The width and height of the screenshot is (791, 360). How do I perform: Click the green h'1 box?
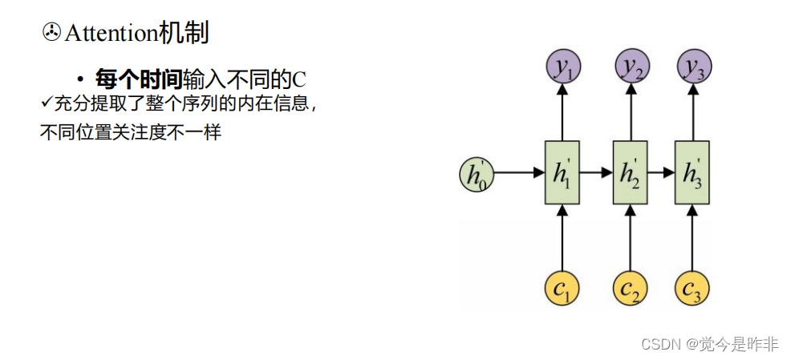coord(562,172)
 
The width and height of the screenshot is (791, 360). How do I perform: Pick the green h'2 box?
coord(630,172)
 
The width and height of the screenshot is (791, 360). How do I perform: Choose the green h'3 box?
coord(692,172)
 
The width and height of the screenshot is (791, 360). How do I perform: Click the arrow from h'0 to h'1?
coord(521,172)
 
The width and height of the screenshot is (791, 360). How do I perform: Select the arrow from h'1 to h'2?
coord(596,172)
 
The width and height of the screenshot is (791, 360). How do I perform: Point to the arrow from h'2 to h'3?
coord(661,172)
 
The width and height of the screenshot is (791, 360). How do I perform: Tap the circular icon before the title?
coord(50,33)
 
